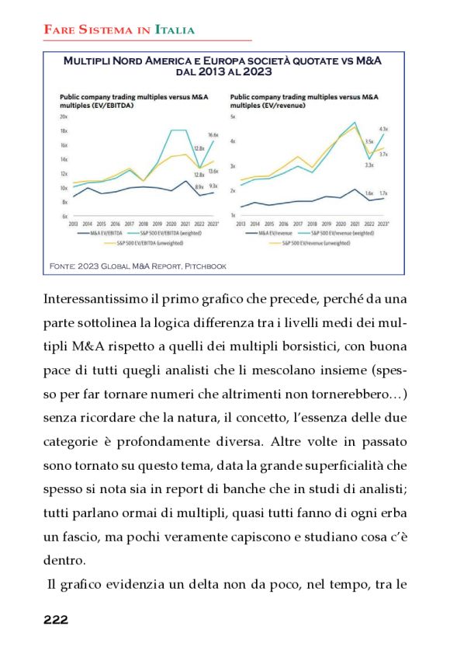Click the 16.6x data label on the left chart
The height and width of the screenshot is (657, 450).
[213, 135]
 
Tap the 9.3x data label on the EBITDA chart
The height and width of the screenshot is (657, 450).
[213, 186]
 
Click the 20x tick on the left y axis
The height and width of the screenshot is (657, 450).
[64, 116]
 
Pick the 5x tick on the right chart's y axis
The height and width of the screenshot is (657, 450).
[233, 116]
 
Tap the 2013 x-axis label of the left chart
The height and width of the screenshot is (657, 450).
[73, 223]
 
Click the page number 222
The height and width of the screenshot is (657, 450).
[56, 619]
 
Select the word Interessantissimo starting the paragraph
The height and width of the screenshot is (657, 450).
[98, 299]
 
